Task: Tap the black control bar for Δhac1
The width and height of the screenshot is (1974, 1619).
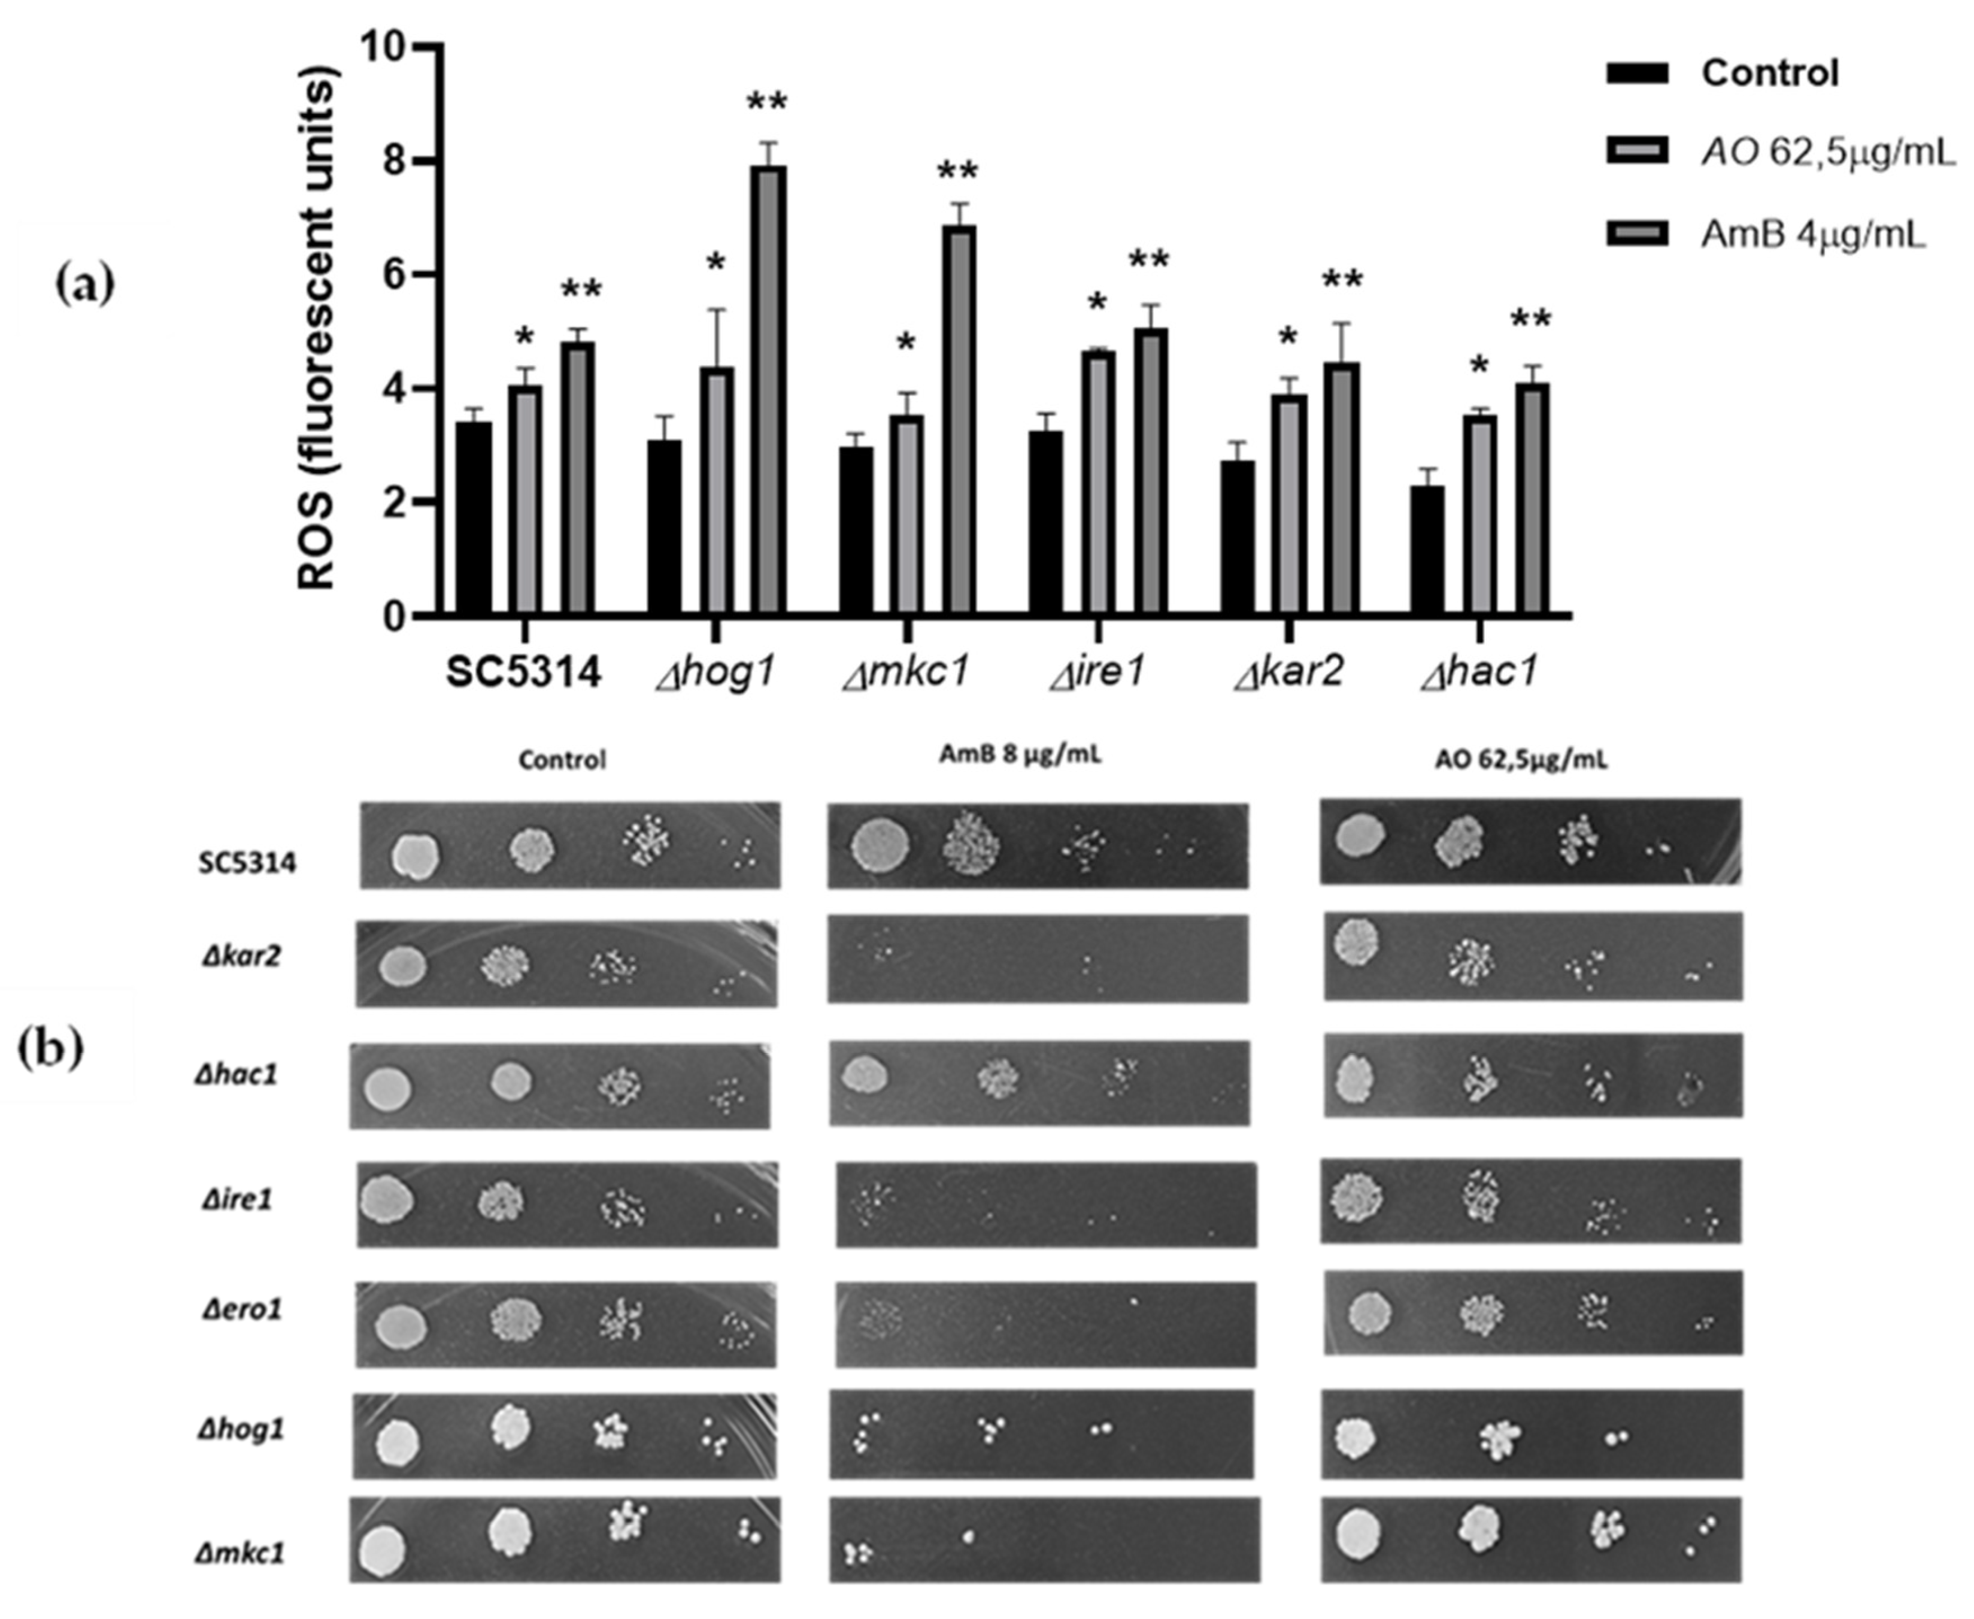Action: [1427, 550]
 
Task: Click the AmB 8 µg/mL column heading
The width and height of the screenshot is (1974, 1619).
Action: [1019, 756]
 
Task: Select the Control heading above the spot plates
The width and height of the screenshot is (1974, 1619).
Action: [562, 760]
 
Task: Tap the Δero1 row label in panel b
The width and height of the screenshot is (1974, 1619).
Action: [241, 1310]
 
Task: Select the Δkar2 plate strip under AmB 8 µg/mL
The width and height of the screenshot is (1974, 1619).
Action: [1037, 959]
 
